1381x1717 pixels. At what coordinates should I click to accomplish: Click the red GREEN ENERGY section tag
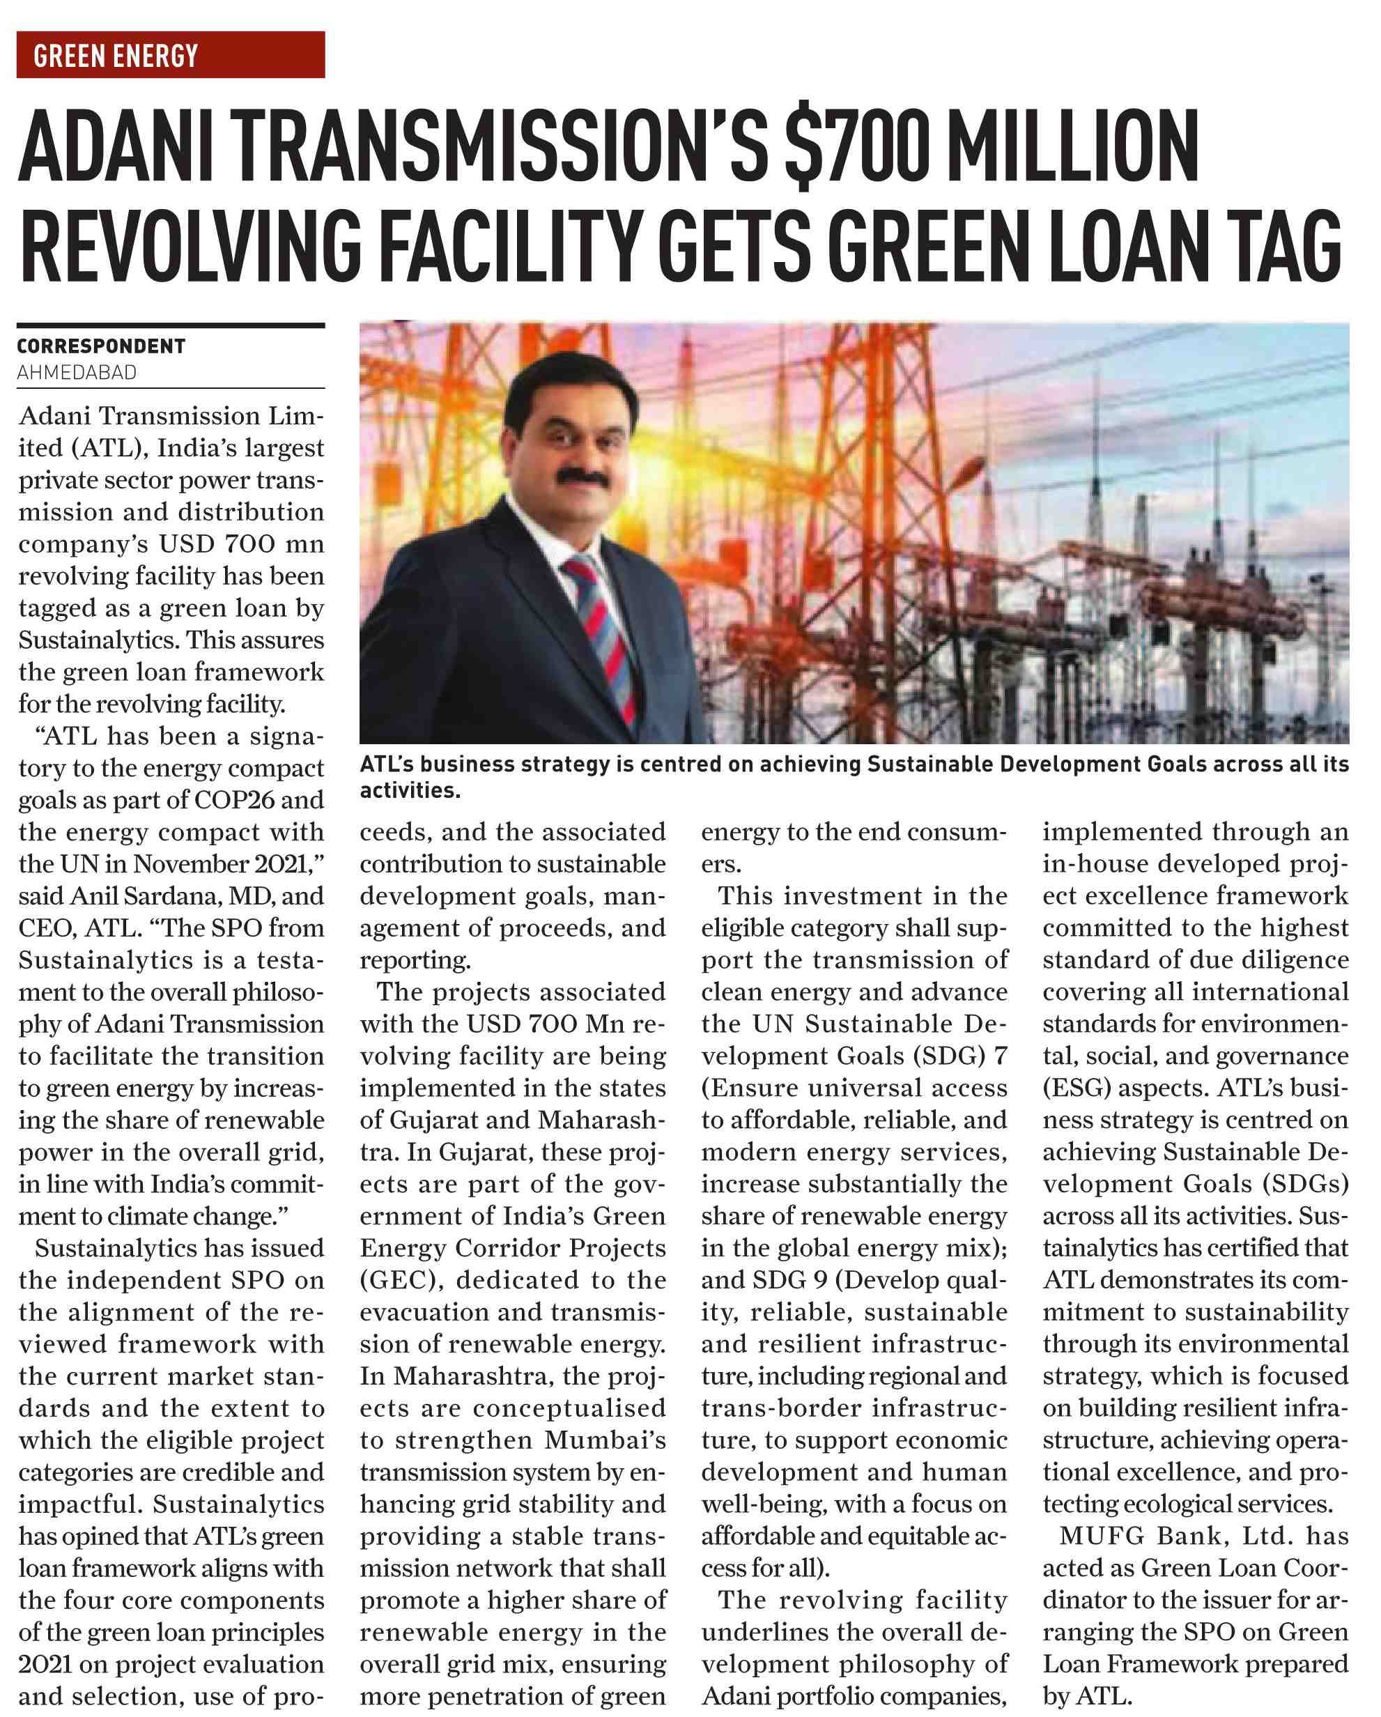point(171,55)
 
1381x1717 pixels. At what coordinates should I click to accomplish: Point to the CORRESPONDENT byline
point(101,346)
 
